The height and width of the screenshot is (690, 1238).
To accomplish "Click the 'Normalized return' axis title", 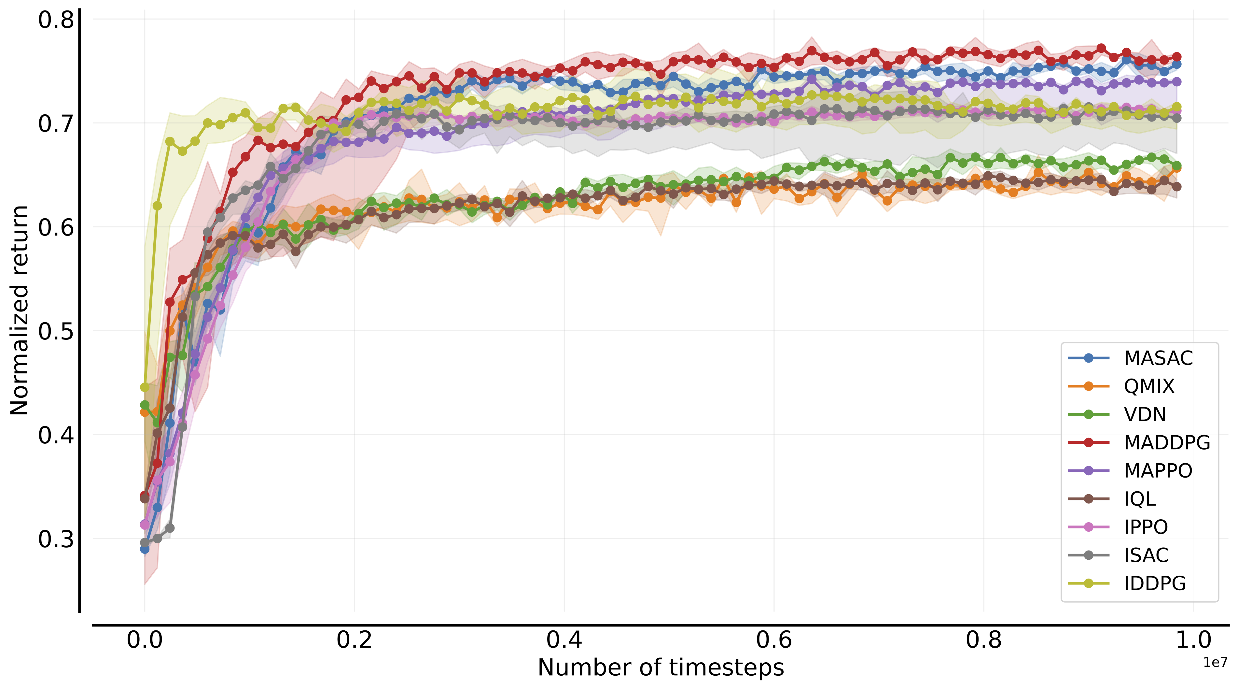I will click(x=20, y=310).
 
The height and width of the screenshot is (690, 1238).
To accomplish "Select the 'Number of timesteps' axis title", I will click(x=661, y=668).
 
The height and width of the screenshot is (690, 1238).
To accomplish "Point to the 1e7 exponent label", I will click(x=1215, y=663).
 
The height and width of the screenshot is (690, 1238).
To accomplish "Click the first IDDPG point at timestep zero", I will click(x=145, y=387).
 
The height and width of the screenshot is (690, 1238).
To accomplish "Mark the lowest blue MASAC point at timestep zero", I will click(x=145, y=549).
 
